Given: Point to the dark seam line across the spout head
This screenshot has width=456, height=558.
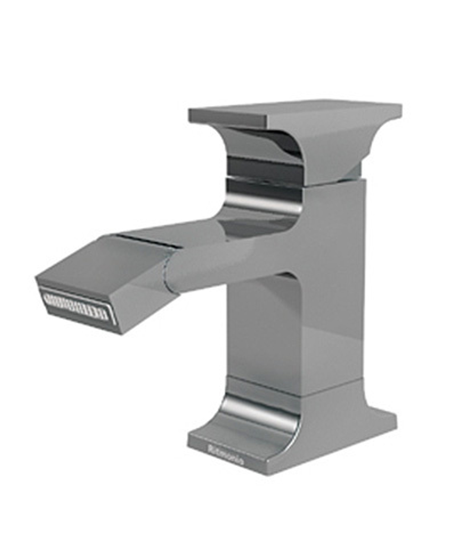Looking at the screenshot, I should point(146,242).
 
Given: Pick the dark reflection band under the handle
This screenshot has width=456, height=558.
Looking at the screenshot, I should point(264,167).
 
